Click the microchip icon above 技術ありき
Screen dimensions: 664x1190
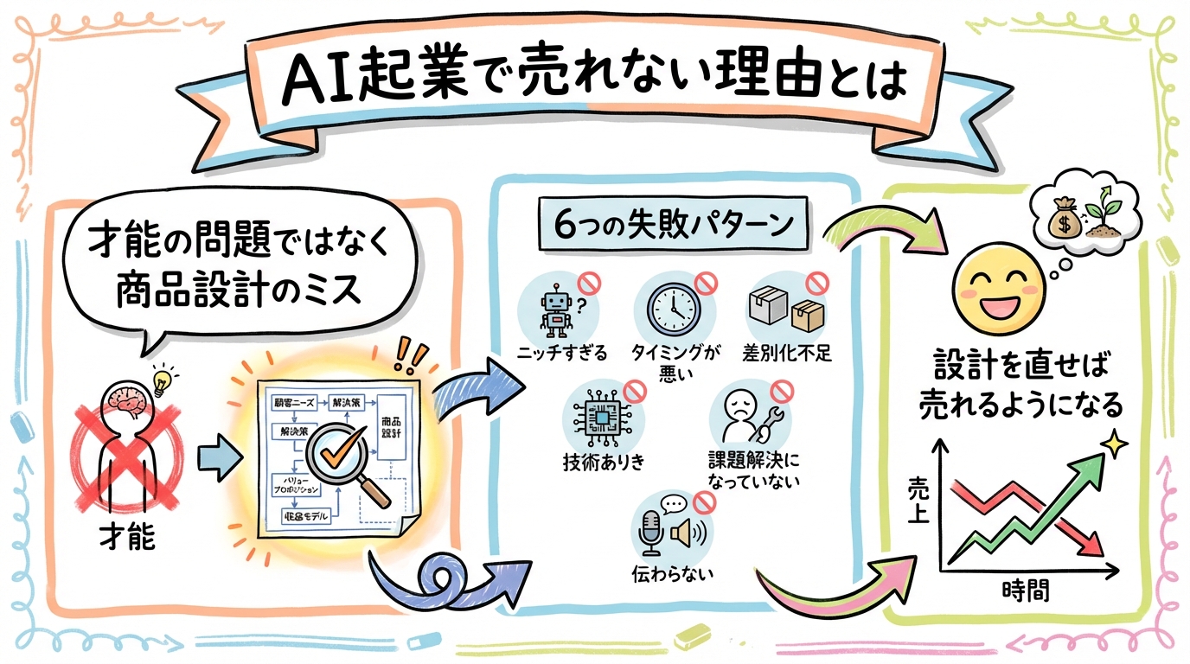point(601,418)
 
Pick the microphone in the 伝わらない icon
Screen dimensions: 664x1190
point(649,533)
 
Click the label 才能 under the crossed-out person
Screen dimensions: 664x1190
point(127,537)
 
